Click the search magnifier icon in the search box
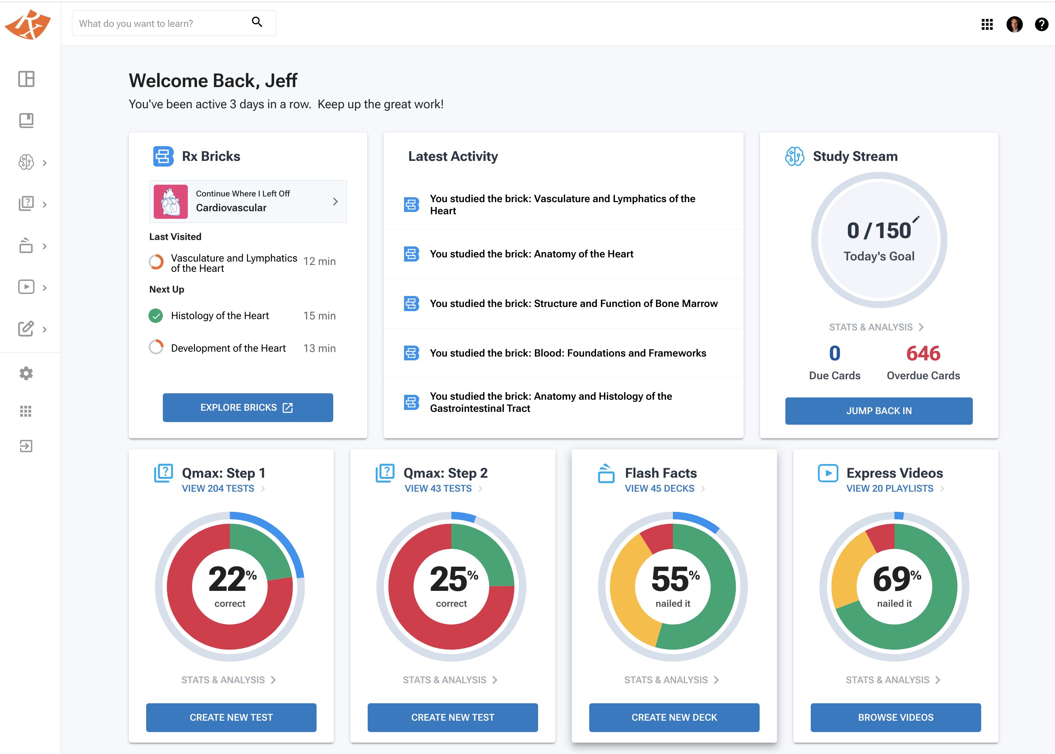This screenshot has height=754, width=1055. click(257, 22)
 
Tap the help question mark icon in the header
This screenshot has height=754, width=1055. click(1041, 24)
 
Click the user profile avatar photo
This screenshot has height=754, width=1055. click(1014, 24)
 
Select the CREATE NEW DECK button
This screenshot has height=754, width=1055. click(674, 717)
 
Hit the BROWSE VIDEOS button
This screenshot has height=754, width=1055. click(896, 717)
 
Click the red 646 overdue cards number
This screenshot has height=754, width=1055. click(923, 353)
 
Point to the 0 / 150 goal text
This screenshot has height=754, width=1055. click(879, 230)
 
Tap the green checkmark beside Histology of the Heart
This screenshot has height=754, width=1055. click(156, 316)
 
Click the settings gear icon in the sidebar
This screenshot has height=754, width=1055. click(26, 373)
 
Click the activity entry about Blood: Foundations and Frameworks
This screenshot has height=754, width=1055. click(568, 353)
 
